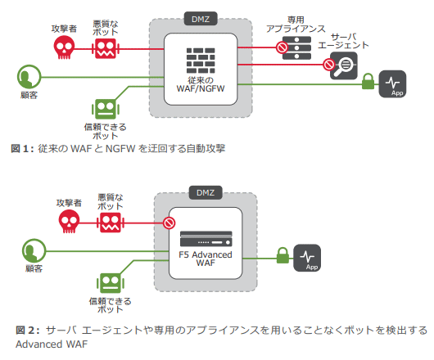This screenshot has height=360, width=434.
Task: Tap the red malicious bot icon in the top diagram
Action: [x=105, y=48]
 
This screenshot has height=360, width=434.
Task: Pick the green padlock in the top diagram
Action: [x=368, y=82]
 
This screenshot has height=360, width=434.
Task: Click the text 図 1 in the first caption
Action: [x=21, y=148]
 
